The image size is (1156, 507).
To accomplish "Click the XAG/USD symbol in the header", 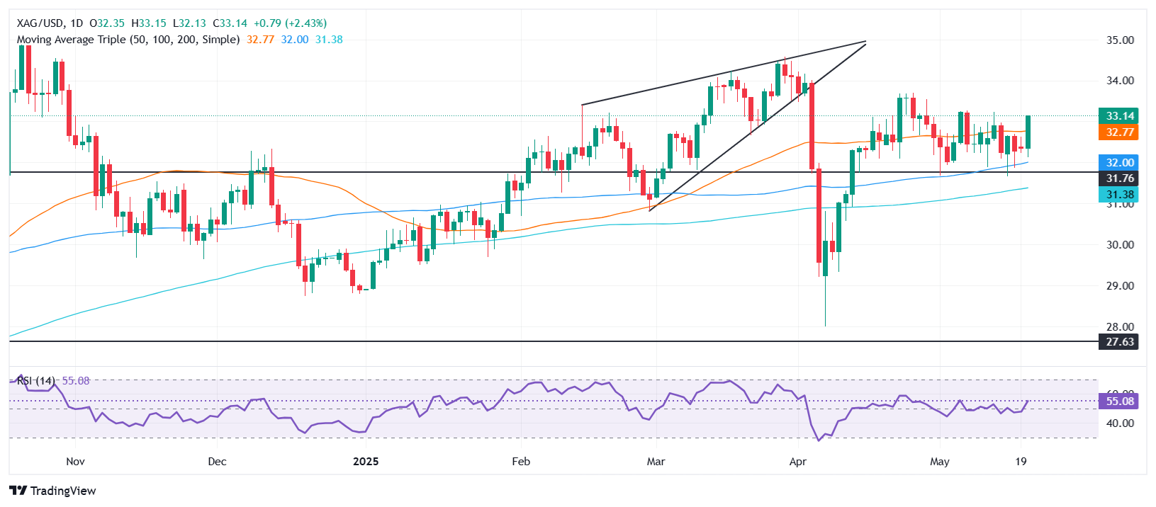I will [40, 23].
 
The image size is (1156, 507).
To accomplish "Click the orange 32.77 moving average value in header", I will [260, 40].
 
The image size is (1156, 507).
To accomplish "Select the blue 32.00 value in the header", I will [295, 40].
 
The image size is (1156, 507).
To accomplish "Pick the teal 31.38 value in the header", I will [329, 40].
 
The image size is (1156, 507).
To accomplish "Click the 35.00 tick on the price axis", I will [1120, 40].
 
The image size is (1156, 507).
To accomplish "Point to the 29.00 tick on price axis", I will [1120, 286].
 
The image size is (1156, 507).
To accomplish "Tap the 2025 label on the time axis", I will [366, 462].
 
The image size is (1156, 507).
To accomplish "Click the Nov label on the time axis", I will [75, 462].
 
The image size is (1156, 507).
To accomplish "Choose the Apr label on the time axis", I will [798, 462].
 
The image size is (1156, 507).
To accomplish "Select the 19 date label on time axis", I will [1021, 462].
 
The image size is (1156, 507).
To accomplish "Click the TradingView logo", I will [54, 491].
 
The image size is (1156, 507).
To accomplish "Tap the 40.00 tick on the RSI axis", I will [1120, 423].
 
